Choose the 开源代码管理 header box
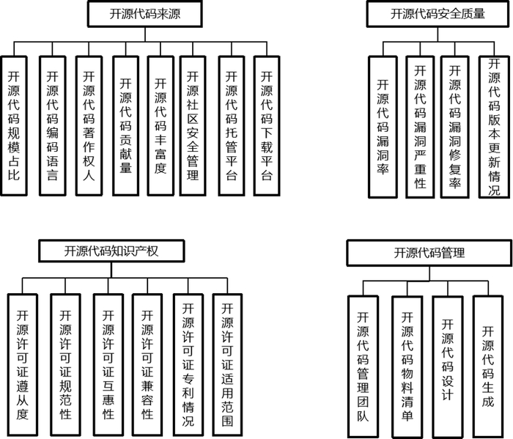429,254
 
